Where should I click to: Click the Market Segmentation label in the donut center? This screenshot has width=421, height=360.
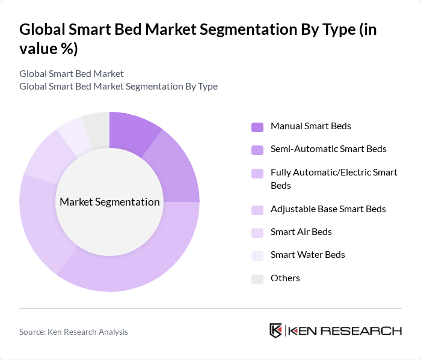coord(109,202)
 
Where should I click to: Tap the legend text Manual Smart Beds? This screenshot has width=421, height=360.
coord(310,126)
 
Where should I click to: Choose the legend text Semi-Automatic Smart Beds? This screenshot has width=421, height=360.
coord(328,149)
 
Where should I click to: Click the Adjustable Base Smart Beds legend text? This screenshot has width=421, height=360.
coord(328,209)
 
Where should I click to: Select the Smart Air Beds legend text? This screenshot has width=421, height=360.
coord(301,232)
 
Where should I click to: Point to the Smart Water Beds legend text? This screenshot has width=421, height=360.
coord(307,255)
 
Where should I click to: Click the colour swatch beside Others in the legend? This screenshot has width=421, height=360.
coord(257,279)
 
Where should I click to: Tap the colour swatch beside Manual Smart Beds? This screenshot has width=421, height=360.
coord(257,127)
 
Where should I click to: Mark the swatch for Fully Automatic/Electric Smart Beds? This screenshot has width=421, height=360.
coord(257,174)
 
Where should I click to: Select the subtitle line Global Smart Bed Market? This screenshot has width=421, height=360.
coord(72,74)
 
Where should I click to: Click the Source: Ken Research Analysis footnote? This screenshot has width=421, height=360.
coord(73,332)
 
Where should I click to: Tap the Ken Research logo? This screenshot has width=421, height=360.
coord(335,331)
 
